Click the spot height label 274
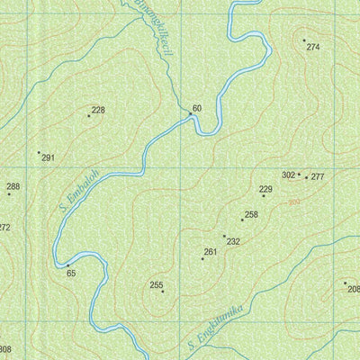point(312,47)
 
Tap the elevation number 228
point(98,110)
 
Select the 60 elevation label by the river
point(196,109)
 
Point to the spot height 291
point(48,157)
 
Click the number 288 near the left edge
point(13,186)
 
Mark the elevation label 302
point(288,175)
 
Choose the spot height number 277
point(317,177)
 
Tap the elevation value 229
point(265,189)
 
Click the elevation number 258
point(251,214)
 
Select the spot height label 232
point(233,241)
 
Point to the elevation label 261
point(211,252)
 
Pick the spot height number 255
point(156,285)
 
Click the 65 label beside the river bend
point(71,272)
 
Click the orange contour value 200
point(293,202)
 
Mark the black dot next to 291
point(39,152)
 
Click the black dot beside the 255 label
point(163,292)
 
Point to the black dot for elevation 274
point(304,40)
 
